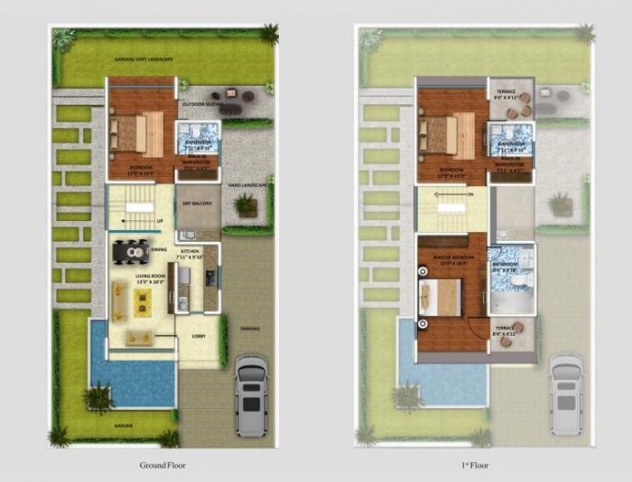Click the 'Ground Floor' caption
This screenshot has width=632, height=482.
pyautogui.click(x=164, y=466)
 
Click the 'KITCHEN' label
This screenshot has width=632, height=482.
pyautogui.click(x=190, y=250)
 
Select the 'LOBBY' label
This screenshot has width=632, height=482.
pyautogui.click(x=199, y=336)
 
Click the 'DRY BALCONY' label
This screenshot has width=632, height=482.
pyautogui.click(x=197, y=204)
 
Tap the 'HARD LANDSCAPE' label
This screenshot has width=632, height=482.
pyautogui.click(x=246, y=185)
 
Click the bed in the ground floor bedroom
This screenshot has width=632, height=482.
pyautogui.click(x=128, y=134)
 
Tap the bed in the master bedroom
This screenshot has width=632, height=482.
pyautogui.click(x=441, y=294)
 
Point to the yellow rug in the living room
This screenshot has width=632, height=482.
pyautogui.click(x=146, y=298)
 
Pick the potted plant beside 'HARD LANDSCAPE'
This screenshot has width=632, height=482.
pyautogui.click(x=245, y=207)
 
